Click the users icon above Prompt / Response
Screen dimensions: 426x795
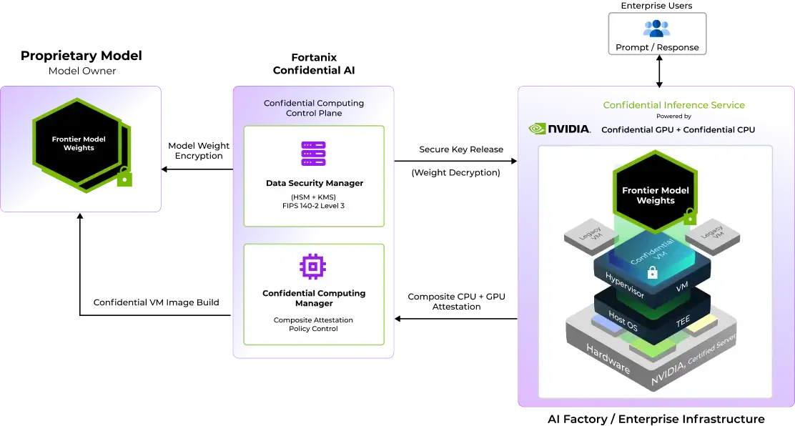[x=656, y=28]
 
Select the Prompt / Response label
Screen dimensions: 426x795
[x=657, y=48]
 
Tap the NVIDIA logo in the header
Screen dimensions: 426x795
[x=560, y=129]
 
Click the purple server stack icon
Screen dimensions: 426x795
[x=313, y=154]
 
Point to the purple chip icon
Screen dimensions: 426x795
[x=313, y=267]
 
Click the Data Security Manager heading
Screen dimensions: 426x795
[x=315, y=183]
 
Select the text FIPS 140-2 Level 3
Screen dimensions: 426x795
[x=315, y=206]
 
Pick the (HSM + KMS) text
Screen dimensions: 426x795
[x=315, y=197]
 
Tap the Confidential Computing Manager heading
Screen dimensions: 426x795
[x=314, y=298]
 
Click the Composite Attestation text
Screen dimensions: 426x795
[x=313, y=319]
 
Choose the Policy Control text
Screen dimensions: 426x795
[x=313, y=329]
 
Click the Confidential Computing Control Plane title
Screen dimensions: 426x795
[x=314, y=108]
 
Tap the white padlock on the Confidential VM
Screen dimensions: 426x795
[x=652, y=272]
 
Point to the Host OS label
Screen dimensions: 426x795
[x=623, y=320]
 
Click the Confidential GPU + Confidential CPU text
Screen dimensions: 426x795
[x=678, y=130]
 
